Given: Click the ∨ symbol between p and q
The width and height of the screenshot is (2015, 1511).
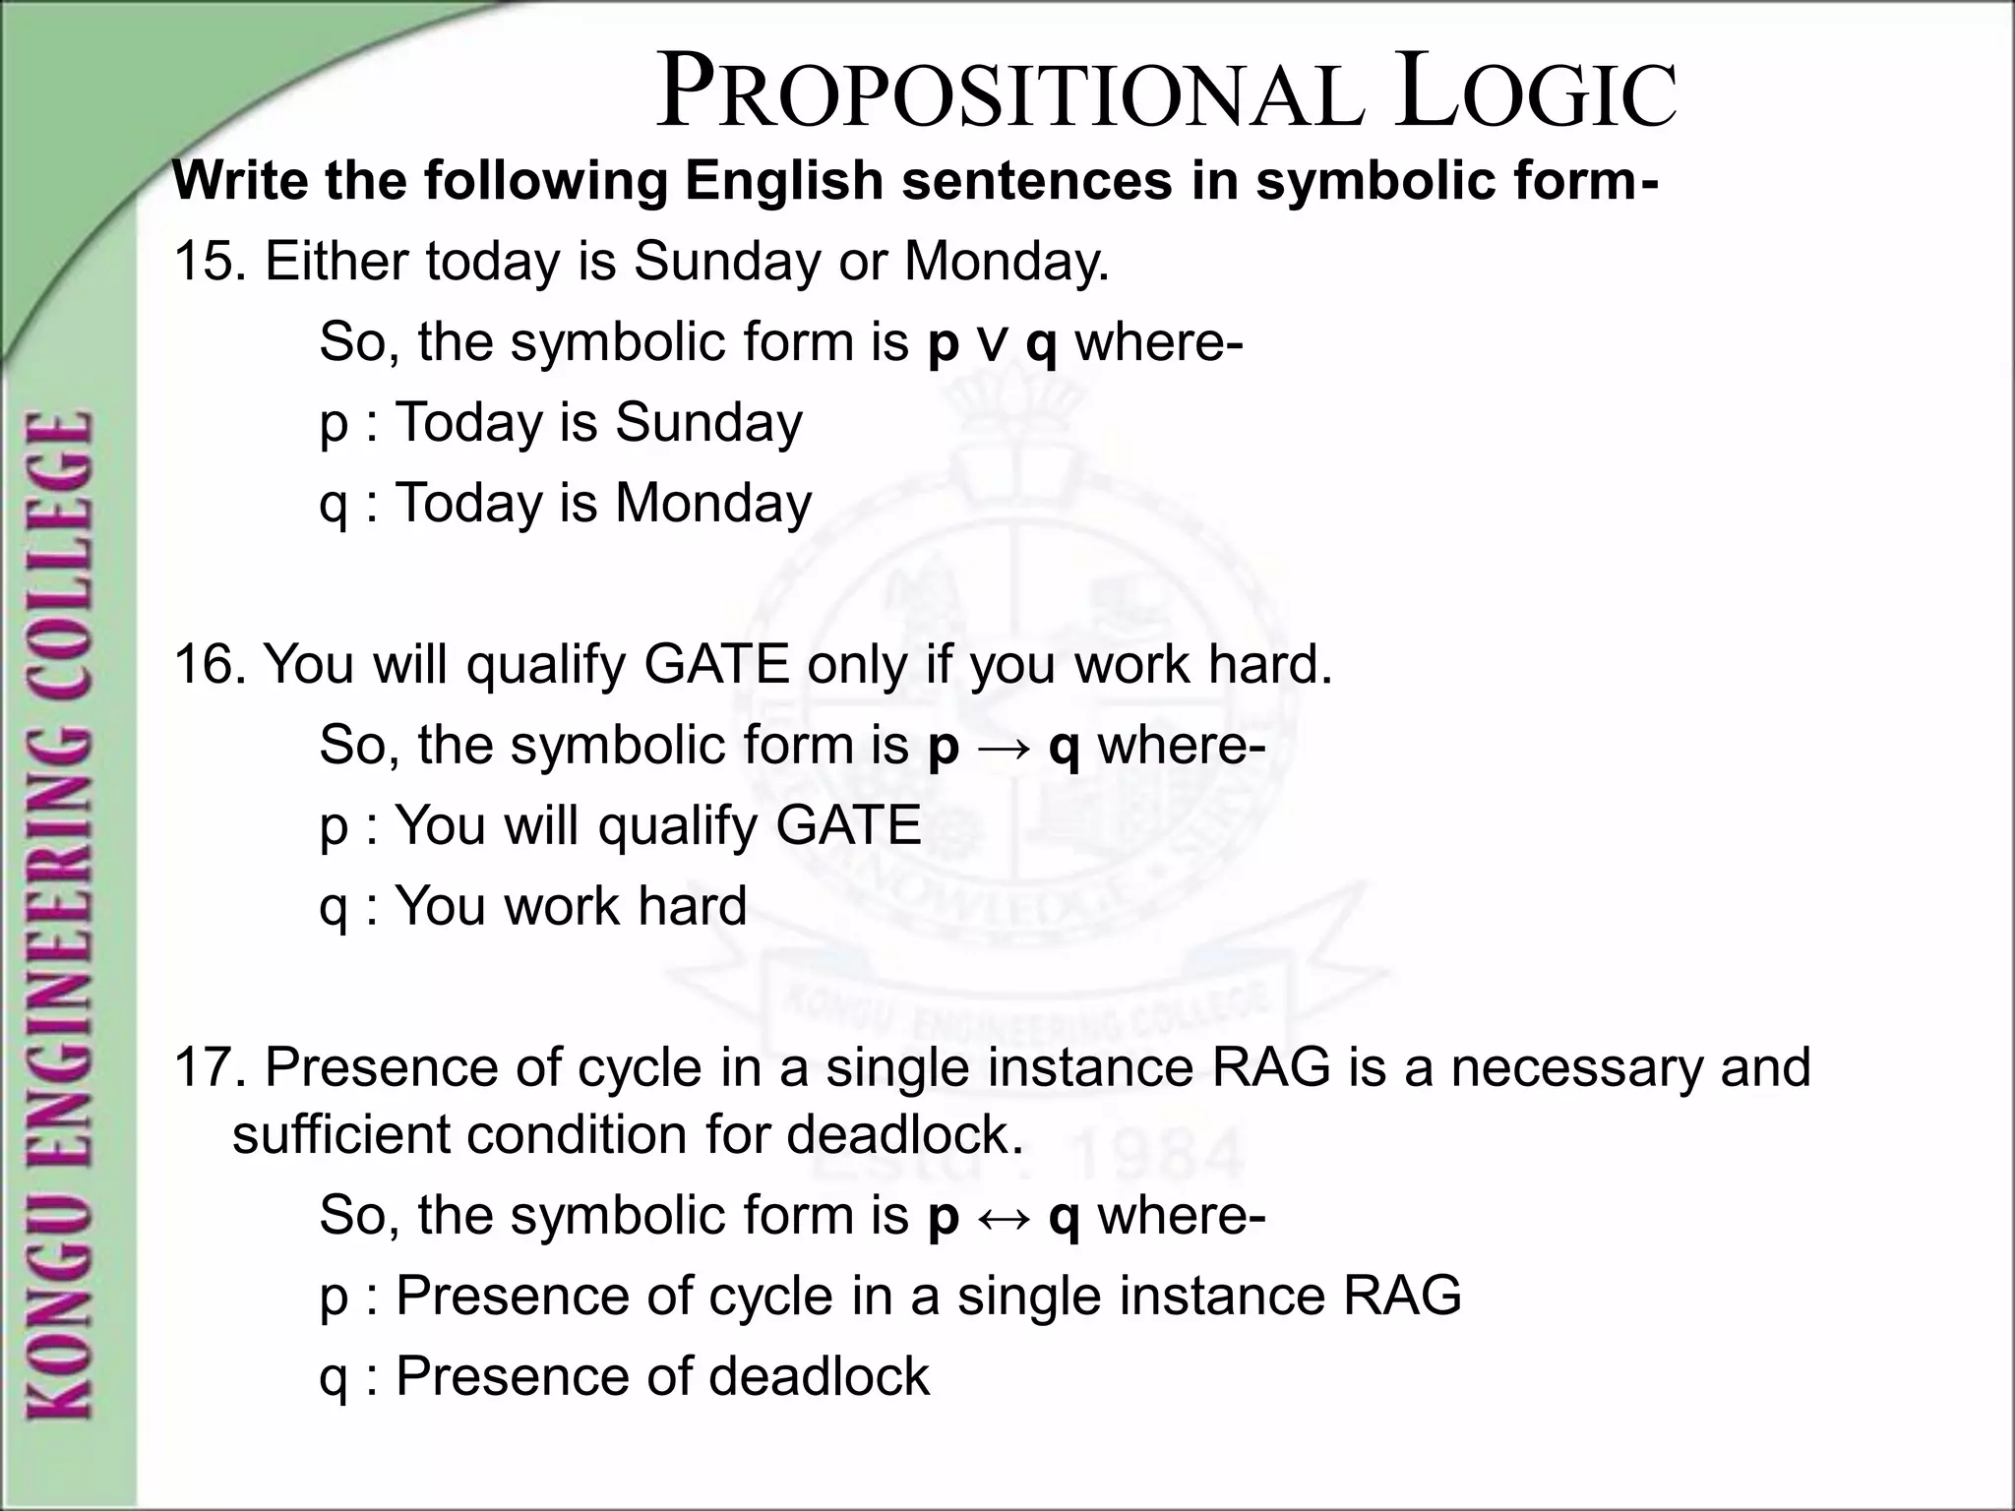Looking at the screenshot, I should [x=992, y=345].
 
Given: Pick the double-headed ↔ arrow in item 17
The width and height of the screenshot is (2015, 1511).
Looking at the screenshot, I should [x=1004, y=1218].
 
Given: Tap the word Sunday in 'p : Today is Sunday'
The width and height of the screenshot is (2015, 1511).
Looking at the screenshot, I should [x=708, y=423].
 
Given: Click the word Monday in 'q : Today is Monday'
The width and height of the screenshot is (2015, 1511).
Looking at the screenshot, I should [x=713, y=504].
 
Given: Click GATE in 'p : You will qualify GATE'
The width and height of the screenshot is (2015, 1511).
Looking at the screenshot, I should [x=848, y=825].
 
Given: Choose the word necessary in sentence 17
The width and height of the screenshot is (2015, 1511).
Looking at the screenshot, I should [x=1577, y=1068].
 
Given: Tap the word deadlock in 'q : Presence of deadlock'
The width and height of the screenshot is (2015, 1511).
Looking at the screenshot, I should [x=819, y=1376].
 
